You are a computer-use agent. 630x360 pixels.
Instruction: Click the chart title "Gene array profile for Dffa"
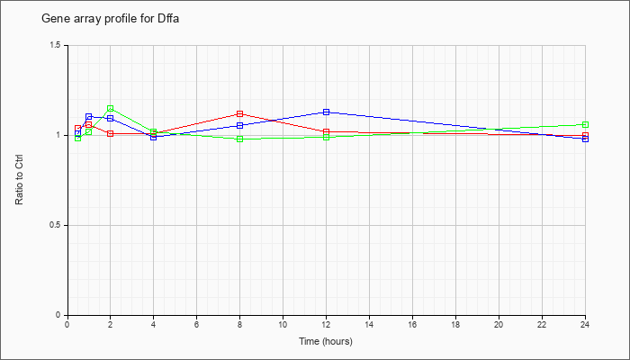click(111, 19)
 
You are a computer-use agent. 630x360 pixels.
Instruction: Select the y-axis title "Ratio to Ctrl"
click(19, 180)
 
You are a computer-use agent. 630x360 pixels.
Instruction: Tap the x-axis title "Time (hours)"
click(326, 341)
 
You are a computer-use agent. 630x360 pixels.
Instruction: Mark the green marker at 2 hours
click(110, 109)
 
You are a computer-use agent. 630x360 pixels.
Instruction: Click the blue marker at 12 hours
click(326, 112)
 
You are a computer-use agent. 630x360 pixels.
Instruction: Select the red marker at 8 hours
click(240, 113)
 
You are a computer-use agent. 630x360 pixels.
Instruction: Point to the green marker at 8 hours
click(240, 139)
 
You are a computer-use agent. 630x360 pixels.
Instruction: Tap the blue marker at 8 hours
click(240, 125)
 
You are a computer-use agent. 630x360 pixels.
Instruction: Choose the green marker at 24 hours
click(585, 124)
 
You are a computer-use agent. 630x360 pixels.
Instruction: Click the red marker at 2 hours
click(110, 133)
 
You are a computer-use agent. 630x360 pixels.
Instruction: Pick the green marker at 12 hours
click(326, 138)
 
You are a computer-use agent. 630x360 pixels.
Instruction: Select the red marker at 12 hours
click(326, 131)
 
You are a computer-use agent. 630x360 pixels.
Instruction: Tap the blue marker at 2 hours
click(110, 119)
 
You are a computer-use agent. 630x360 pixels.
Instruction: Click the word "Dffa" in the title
click(166, 19)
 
